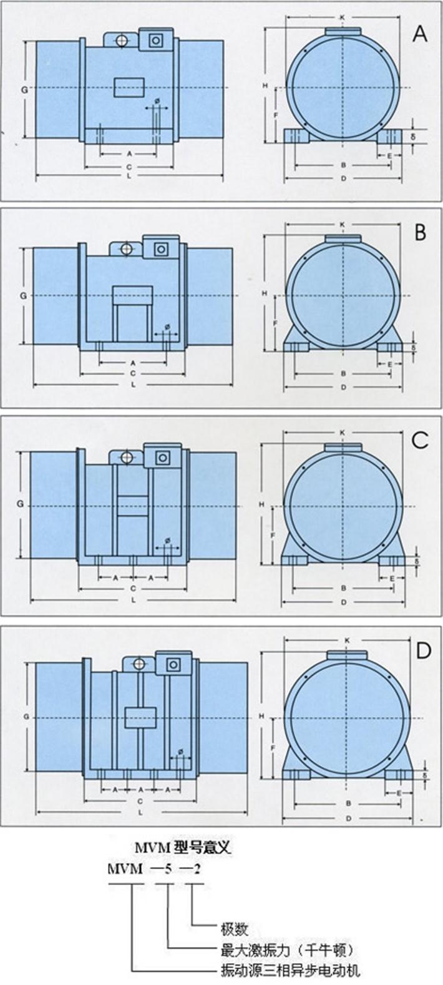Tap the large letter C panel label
tap(420, 440)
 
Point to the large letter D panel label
tap(422, 651)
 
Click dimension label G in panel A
tap(24, 90)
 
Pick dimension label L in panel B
tap(134, 385)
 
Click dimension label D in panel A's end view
tap(343, 179)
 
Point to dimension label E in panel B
tap(390, 363)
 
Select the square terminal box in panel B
tap(161, 248)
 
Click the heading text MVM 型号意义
tap(183, 848)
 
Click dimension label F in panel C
tap(273, 536)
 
